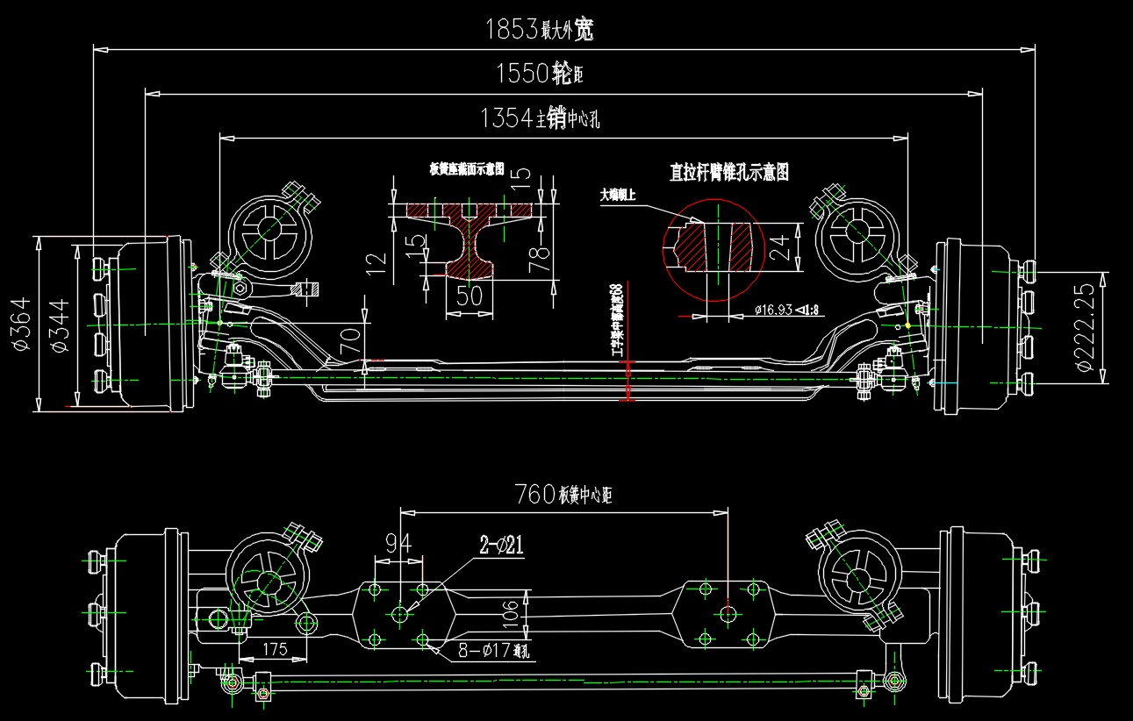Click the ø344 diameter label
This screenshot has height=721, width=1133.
click(x=60, y=325)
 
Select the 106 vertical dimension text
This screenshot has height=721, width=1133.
click(x=512, y=615)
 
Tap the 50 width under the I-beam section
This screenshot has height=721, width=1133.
click(x=470, y=296)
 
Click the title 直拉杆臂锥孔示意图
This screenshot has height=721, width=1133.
click(x=729, y=172)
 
